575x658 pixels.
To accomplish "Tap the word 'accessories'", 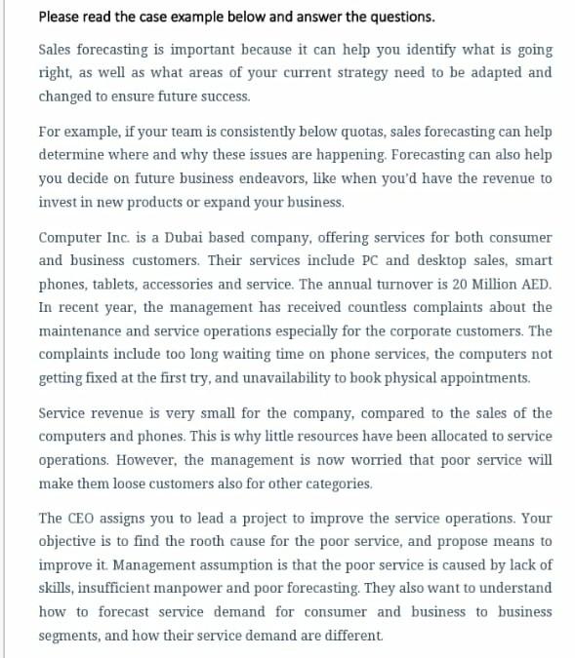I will [x=183, y=285].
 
